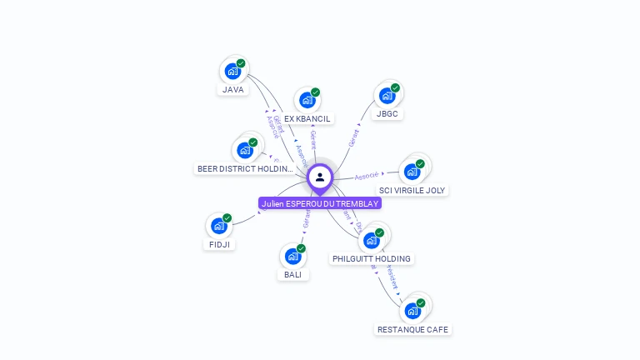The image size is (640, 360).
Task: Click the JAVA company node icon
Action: click(x=232, y=71)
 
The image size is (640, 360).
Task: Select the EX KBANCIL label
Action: click(x=307, y=119)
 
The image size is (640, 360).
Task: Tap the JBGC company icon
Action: click(x=387, y=95)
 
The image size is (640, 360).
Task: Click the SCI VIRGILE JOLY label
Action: click(x=412, y=190)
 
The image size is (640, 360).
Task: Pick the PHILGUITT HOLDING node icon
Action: click(x=371, y=240)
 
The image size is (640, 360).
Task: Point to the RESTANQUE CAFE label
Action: click(x=412, y=329)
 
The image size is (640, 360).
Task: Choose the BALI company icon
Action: click(x=292, y=256)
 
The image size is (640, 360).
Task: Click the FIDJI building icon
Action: click(x=218, y=226)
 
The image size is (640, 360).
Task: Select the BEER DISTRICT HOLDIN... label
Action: click(x=245, y=169)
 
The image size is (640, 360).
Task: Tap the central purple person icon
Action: click(x=320, y=177)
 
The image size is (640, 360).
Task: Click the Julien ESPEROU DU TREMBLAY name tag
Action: click(x=320, y=203)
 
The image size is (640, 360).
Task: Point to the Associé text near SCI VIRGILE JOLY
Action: click(x=367, y=176)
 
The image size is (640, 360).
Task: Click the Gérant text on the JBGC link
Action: click(x=354, y=137)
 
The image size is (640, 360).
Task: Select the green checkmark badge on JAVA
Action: click(x=241, y=63)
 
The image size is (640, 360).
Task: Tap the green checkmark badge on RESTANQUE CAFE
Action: click(x=421, y=302)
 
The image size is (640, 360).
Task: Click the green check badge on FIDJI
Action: click(x=227, y=218)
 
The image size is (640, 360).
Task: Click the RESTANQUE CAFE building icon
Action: click(x=412, y=311)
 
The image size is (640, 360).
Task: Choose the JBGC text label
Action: click(x=387, y=113)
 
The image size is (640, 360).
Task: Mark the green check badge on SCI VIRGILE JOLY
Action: click(x=420, y=164)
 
